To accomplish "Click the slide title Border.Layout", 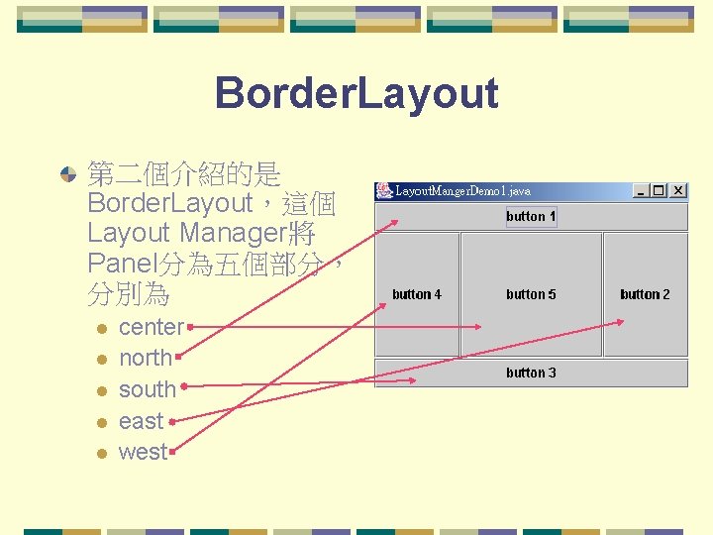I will tap(356, 94).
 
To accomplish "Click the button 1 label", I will tap(531, 217).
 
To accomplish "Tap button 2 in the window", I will tap(645, 294).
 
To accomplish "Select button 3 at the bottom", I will tap(531, 373).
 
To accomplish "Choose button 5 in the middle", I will tap(531, 294).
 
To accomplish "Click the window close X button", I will tap(678, 190).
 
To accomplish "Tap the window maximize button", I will tap(660, 190).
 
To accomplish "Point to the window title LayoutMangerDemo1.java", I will tap(462, 190).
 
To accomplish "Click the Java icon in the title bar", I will tap(384, 190).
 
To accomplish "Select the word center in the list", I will tap(151, 327).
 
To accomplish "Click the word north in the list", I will tap(146, 358).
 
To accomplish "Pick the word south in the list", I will tap(147, 389).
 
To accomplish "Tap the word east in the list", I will tap(141, 421).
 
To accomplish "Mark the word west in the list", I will tap(143, 453).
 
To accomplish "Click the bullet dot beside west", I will tap(100, 454).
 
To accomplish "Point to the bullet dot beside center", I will tap(100, 328).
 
